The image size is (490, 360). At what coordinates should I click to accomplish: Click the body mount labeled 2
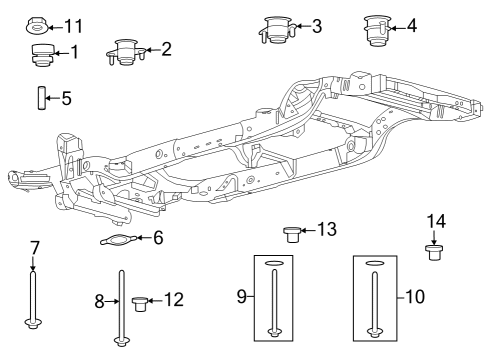click(125, 51)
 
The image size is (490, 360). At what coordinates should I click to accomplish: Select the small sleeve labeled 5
click(40, 99)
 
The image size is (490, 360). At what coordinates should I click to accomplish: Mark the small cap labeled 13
click(293, 233)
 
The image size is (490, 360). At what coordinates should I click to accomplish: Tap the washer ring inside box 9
click(274, 264)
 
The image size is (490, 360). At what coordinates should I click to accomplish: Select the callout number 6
click(156, 237)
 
